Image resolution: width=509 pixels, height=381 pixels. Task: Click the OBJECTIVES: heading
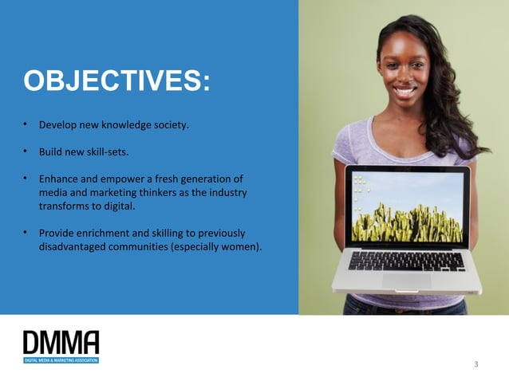pos(117,81)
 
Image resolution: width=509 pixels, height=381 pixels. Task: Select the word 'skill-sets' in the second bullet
pos(105,151)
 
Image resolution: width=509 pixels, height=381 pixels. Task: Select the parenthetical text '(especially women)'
pos(220,247)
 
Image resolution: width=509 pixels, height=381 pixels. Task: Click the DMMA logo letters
pos(61,343)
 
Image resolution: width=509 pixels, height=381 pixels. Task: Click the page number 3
pos(475,364)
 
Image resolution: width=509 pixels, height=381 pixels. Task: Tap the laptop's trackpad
pos(406,280)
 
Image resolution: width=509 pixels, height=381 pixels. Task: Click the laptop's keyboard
pos(407,261)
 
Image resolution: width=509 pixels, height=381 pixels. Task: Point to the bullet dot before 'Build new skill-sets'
pos(26,151)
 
